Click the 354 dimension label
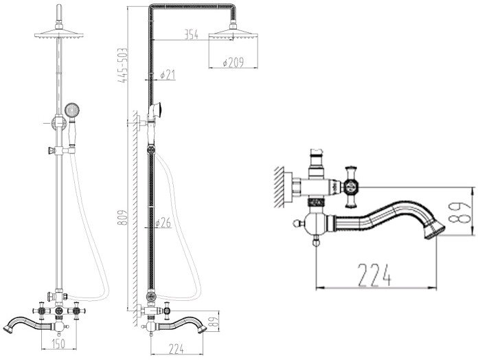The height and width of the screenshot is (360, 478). [x=191, y=34]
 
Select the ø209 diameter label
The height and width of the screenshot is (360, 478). [x=234, y=63]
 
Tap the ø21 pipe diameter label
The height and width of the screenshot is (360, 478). [x=168, y=74]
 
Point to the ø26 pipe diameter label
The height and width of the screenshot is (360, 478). [x=163, y=223]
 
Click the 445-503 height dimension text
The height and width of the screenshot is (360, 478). [x=122, y=65]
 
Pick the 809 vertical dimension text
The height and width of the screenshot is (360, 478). [x=122, y=217]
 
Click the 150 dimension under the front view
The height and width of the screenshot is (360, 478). [x=58, y=344]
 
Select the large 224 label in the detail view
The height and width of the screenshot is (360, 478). [x=374, y=275]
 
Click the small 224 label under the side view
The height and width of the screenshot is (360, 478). [x=177, y=349]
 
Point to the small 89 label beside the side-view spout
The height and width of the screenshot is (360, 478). [x=214, y=323]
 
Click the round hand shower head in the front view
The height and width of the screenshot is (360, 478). [x=72, y=110]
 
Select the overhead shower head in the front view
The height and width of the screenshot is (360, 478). [x=59, y=34]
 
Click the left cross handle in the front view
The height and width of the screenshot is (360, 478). [x=41, y=311]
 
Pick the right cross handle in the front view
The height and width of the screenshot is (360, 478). [x=76, y=311]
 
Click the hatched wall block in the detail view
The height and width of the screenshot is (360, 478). [x=280, y=187]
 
